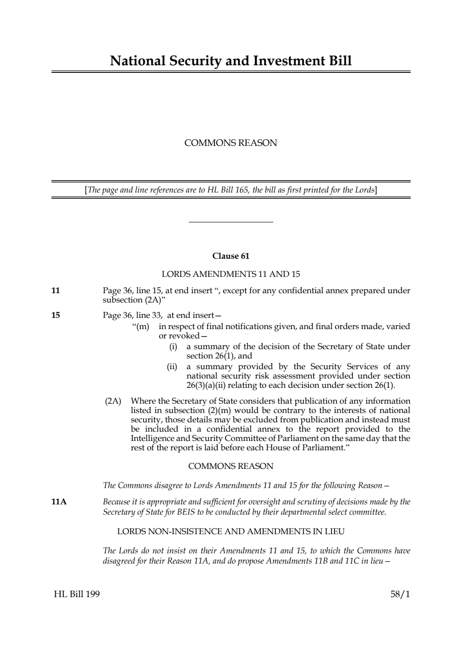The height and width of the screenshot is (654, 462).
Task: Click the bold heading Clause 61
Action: click(x=231, y=256)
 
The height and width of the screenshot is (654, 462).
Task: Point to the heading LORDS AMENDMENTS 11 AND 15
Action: click(x=231, y=274)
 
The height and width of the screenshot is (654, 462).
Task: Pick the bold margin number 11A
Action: click(x=59, y=502)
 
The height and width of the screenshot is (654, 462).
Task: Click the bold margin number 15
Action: click(x=55, y=315)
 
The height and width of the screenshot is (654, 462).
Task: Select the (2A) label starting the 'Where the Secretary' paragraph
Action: click(x=113, y=401)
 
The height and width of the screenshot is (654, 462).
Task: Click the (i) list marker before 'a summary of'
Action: click(x=173, y=346)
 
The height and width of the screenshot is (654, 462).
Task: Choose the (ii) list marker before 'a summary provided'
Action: click(x=172, y=366)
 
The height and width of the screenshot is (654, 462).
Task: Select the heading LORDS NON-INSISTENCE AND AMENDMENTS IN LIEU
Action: click(x=231, y=531)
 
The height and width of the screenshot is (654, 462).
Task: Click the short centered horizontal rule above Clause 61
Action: click(x=231, y=222)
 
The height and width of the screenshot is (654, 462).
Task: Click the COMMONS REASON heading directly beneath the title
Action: click(x=231, y=143)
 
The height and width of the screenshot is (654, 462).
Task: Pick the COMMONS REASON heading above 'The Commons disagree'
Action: click(x=231, y=466)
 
